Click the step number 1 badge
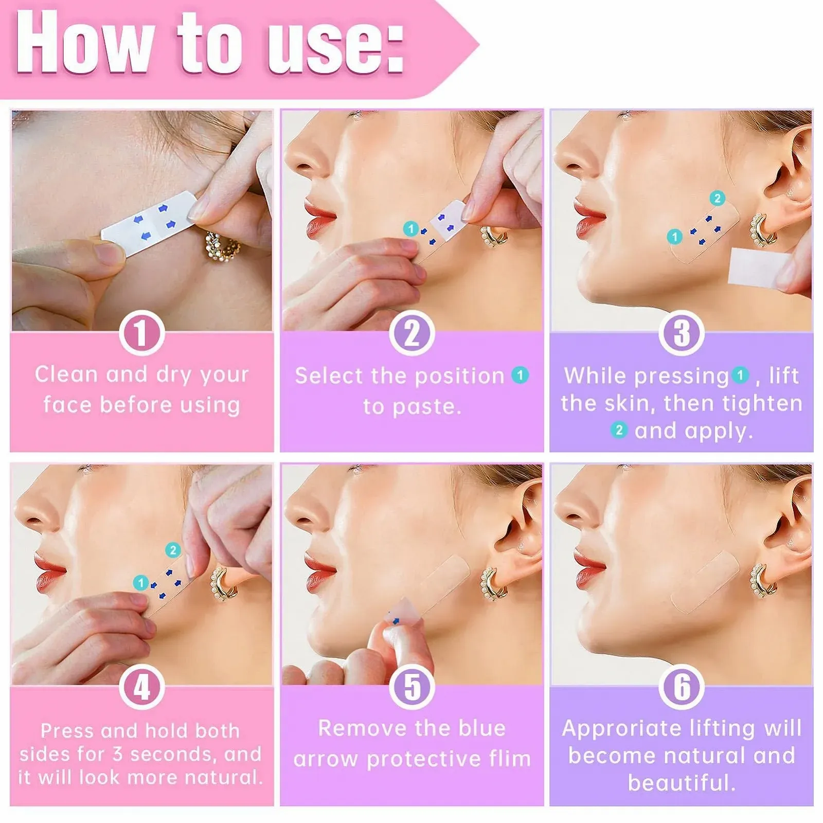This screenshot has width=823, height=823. tap(142, 333)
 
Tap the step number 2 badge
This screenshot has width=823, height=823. tap(411, 333)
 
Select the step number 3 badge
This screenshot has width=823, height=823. tap(682, 333)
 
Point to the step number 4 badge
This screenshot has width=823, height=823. tap(142, 687)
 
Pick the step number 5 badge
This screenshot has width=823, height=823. tap(411, 687)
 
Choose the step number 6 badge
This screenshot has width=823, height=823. tap(682, 687)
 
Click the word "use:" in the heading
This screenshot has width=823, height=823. tap(335, 43)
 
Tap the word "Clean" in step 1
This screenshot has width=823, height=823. tap(66, 374)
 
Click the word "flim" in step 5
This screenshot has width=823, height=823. tap(506, 759)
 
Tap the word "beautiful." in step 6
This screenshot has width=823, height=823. tap(682, 783)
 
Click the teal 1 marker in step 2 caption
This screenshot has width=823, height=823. tap(520, 375)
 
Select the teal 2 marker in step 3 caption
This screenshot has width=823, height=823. tap(619, 430)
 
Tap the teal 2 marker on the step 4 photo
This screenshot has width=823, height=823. tap(173, 550)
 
